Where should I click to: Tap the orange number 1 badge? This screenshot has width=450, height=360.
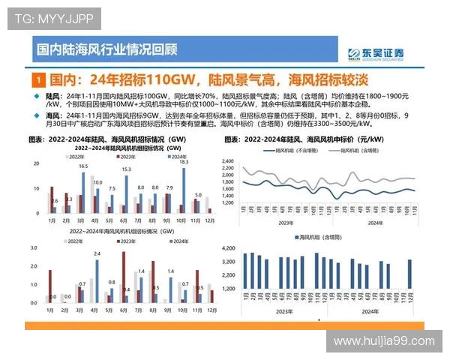tap(37, 79)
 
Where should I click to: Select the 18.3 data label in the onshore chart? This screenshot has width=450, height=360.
tap(184, 162)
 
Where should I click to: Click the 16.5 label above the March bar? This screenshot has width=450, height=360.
tap(83, 166)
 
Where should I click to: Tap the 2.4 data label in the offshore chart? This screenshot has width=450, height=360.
tap(97, 254)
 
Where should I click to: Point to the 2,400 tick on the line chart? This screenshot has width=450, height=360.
tap(229, 161)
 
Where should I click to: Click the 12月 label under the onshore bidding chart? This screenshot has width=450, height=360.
tap(211, 220)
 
